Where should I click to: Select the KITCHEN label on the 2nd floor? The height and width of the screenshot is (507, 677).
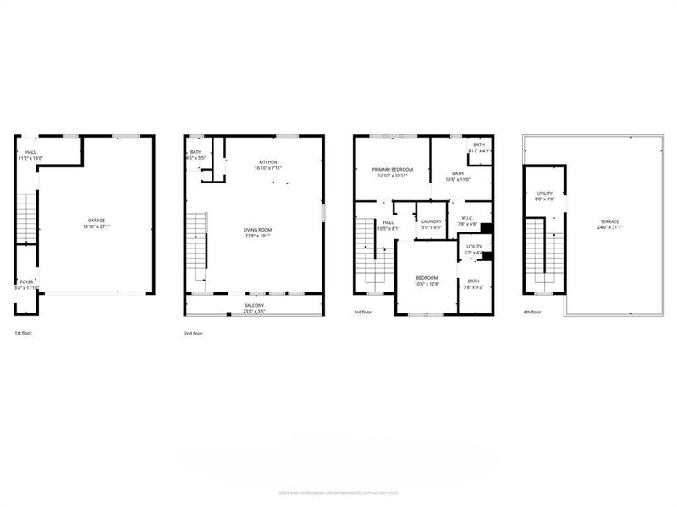[267, 162]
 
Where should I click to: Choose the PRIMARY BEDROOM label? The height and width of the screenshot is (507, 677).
[393, 170]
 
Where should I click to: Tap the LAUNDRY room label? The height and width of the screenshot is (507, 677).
[432, 221]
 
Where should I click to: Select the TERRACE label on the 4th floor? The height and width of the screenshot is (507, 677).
[610, 221]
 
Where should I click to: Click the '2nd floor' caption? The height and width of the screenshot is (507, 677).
[193, 334]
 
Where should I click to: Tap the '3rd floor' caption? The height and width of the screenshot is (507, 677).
[363, 313]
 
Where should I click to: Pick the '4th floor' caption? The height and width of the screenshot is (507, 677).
[532, 313]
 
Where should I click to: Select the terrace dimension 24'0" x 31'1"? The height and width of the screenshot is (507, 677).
[610, 227]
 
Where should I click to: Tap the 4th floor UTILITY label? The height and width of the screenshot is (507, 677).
[545, 194]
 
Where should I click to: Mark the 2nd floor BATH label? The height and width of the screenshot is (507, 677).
[195, 152]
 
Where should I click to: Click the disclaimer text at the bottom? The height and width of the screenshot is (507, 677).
[338, 493]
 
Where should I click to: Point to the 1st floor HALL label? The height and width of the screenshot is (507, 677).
[30, 152]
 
